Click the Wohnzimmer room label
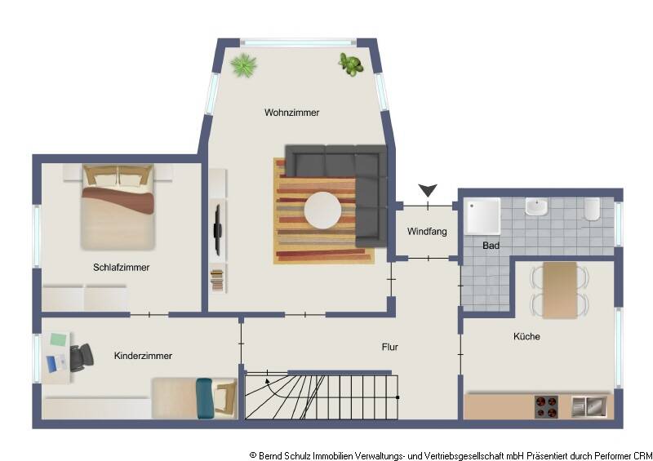pos(291,112)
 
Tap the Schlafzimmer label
pos(122,267)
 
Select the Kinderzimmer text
pos(143,356)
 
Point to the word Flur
pos(389,347)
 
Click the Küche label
pos(526,336)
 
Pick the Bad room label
pos(491,245)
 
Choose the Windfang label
pos(427,232)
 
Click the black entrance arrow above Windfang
pos(427,191)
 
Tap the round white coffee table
pos(323,210)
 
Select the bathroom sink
pos(536,207)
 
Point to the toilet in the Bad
pos(592,210)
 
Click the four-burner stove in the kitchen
pos(546,406)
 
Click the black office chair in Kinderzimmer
pos(82,357)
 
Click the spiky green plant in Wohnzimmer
pos(243,65)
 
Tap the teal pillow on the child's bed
pos(204,397)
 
